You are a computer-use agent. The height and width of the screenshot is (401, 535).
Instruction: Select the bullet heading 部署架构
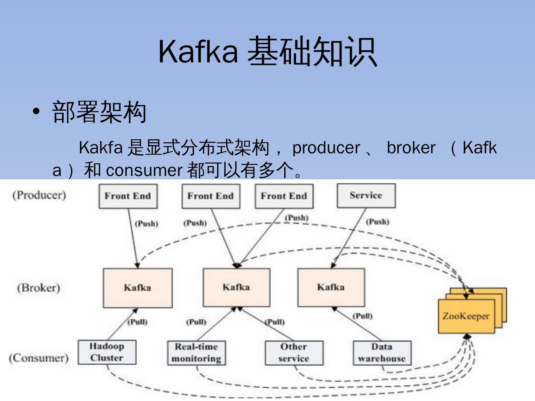click(99, 112)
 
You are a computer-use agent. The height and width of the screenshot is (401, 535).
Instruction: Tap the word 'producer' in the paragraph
click(326, 148)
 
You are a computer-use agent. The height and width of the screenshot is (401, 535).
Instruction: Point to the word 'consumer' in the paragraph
click(144, 170)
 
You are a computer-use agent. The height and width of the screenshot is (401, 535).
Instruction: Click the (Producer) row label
click(39, 195)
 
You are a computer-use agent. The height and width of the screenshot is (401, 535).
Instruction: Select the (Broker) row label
click(38, 288)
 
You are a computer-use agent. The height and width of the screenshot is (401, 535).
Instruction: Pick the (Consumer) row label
click(39, 358)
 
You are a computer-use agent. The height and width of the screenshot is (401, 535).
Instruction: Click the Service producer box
click(366, 196)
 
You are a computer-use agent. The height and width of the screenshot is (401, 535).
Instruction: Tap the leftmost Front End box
click(128, 196)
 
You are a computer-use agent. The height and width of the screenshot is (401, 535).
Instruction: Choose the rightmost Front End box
click(284, 196)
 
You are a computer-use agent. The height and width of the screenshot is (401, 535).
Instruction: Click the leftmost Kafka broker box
click(137, 288)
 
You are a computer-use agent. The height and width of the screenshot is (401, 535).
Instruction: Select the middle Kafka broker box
click(236, 287)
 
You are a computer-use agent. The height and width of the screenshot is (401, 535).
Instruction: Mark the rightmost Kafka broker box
click(331, 287)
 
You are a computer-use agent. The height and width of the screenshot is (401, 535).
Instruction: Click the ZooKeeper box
click(466, 316)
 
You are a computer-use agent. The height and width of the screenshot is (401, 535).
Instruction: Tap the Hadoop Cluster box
click(107, 352)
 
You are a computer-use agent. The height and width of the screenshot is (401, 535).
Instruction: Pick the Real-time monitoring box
click(196, 353)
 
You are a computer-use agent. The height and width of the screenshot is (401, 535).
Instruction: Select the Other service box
click(294, 353)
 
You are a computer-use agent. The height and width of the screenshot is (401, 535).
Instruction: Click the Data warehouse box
click(382, 353)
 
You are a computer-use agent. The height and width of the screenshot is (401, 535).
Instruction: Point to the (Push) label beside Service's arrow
click(377, 222)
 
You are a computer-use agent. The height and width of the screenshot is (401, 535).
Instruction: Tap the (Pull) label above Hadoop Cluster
click(137, 322)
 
